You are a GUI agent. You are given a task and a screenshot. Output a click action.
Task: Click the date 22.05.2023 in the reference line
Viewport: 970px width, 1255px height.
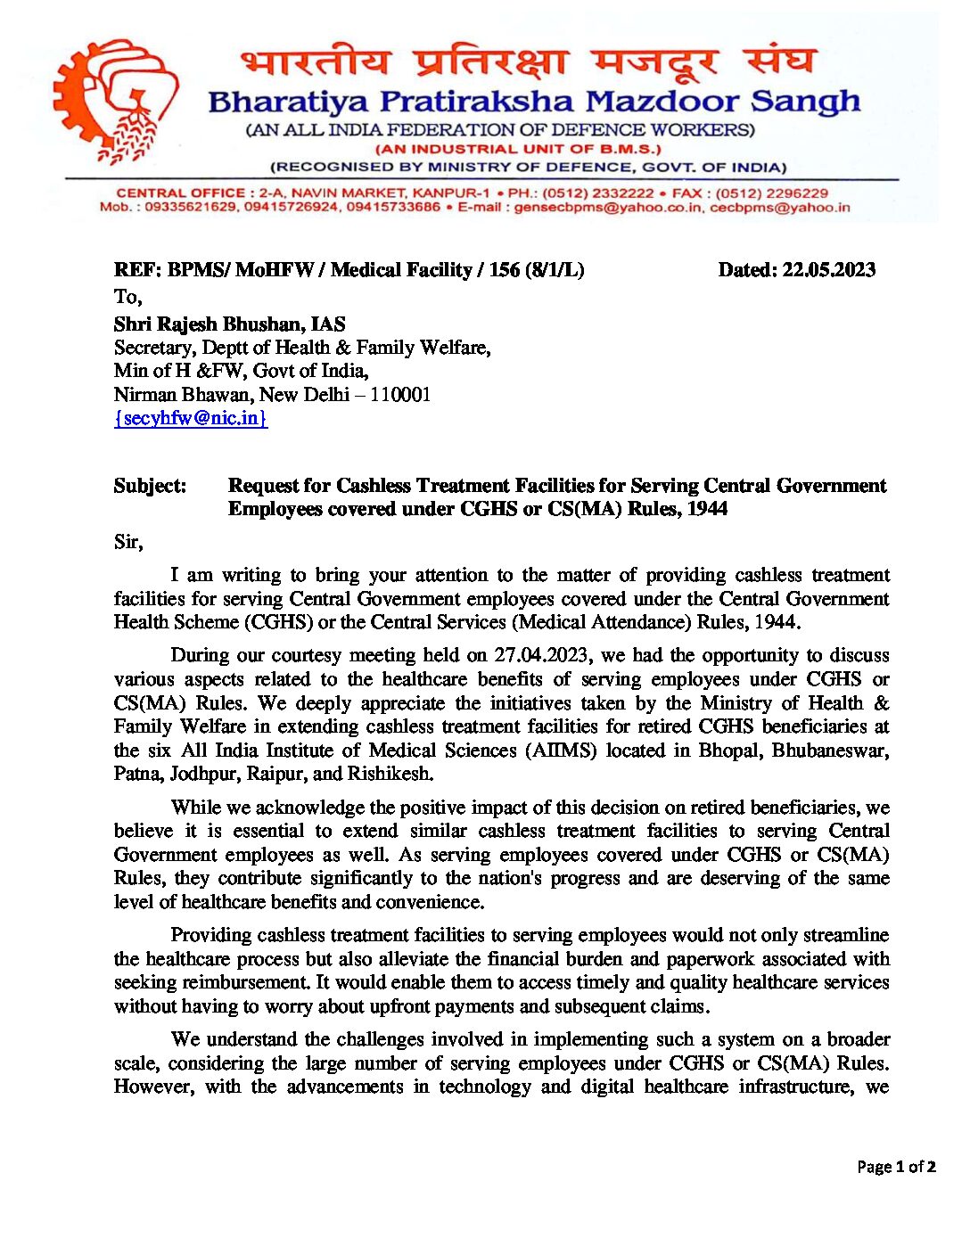(828, 270)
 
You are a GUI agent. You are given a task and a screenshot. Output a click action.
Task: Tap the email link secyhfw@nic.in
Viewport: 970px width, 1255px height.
(191, 418)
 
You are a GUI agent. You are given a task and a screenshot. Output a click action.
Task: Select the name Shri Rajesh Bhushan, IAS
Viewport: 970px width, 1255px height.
(229, 324)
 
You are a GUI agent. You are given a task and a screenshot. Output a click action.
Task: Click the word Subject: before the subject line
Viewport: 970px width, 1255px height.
(150, 486)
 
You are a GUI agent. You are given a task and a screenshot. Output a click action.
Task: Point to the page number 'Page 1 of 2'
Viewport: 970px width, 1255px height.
(895, 1167)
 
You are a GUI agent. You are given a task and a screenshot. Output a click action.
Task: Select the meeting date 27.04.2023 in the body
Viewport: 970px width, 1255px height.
(541, 655)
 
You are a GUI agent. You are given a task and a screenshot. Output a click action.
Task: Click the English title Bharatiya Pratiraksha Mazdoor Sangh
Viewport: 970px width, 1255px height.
(533, 102)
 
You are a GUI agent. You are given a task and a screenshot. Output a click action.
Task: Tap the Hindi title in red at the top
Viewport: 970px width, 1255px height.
(528, 62)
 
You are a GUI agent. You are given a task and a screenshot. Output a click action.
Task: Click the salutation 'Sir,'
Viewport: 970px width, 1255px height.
(128, 542)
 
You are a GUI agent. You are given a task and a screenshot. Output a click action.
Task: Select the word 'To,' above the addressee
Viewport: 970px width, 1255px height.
(127, 297)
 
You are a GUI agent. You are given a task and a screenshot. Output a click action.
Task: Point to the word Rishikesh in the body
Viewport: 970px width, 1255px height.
(390, 774)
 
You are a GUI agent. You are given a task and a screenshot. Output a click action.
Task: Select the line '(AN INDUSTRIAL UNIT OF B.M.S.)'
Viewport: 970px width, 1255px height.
(518, 149)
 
